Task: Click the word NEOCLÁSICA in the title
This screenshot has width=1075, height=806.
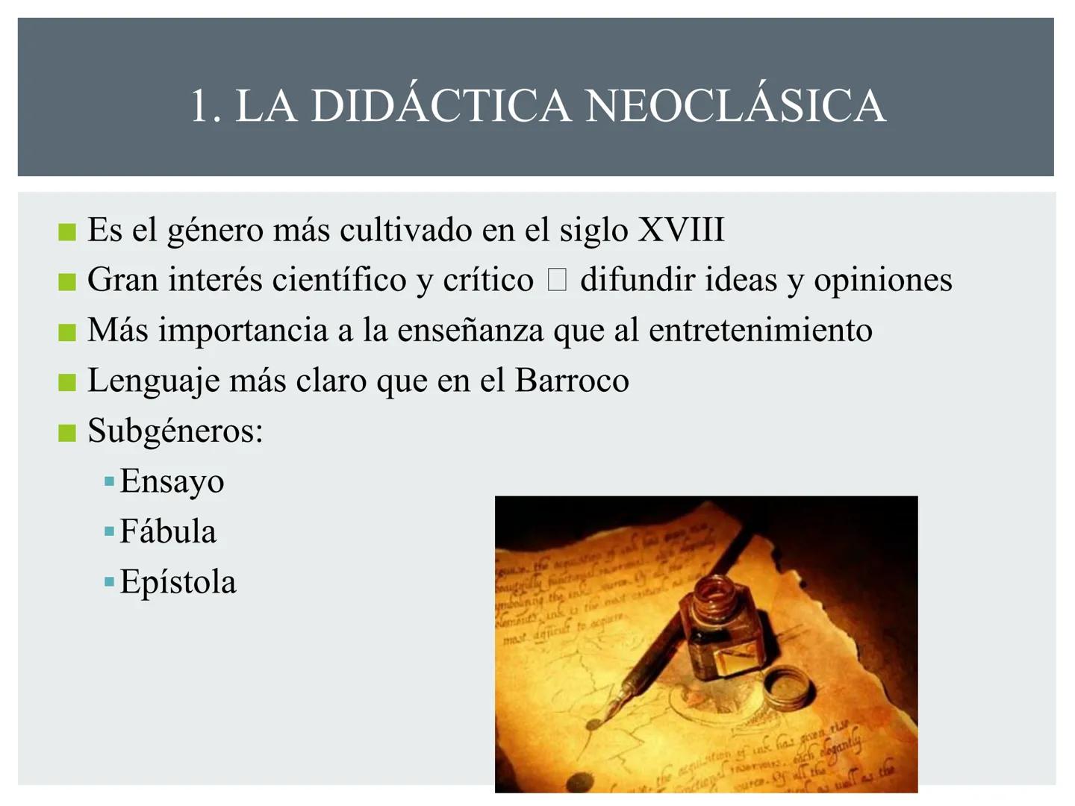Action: pos(735,105)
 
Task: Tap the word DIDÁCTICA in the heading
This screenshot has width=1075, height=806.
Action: pos(440,105)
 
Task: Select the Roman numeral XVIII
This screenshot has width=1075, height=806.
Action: pos(681,229)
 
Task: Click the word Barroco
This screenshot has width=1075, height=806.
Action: pos(571,381)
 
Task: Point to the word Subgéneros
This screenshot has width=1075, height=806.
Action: pos(175,431)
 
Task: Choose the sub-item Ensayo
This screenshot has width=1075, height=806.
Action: pos(172,481)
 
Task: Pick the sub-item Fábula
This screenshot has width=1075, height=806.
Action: pos(168,531)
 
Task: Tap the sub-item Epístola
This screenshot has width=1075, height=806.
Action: pos(178,582)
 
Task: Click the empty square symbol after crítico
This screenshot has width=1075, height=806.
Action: pos(557,281)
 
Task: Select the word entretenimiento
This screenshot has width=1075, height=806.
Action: pos(760,331)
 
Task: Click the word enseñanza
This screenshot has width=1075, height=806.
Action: pos(470,331)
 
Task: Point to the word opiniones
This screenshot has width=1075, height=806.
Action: pos(882,281)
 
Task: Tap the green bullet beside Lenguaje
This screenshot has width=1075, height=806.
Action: pos(67,383)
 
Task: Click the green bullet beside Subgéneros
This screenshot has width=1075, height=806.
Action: pos(67,433)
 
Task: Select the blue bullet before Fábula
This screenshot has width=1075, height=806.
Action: pos(110,532)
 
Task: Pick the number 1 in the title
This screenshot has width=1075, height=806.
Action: pos(200,105)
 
